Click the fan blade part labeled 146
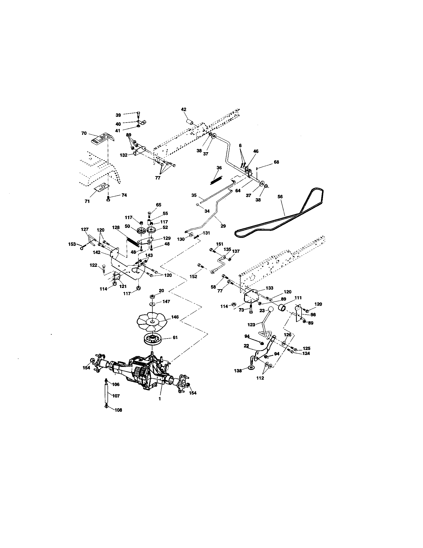pos(152,322)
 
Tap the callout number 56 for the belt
pos(280,197)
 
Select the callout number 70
pos(84,133)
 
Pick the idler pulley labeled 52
pos(152,229)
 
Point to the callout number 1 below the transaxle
pos(160,406)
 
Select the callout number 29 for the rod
pos(223,226)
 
